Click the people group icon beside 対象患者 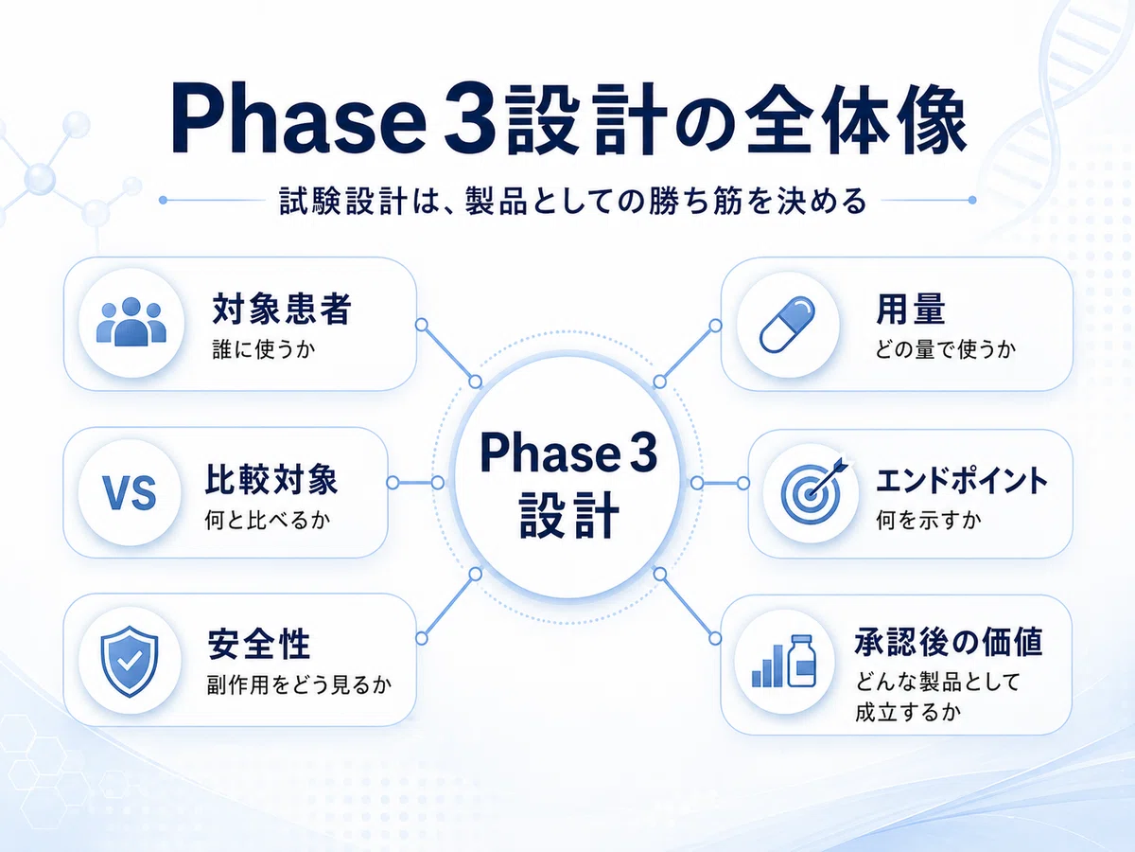coord(131,321)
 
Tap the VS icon coord(130,493)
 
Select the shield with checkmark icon coord(130,661)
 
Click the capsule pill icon coord(787,325)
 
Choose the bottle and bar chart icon coord(784,661)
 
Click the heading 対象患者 coord(282,309)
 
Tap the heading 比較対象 coord(271,479)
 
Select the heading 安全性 coord(259,644)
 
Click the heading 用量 coord(911,309)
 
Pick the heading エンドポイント coord(961,481)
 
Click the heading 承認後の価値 coord(949,642)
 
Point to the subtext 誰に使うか coord(264,349)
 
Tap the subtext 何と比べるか coord(268,520)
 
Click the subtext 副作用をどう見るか coord(299,684)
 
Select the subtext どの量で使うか coord(945,349)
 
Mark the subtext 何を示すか coord(928,520)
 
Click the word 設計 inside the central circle coord(568,515)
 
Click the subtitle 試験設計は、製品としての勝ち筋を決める coord(573,201)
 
